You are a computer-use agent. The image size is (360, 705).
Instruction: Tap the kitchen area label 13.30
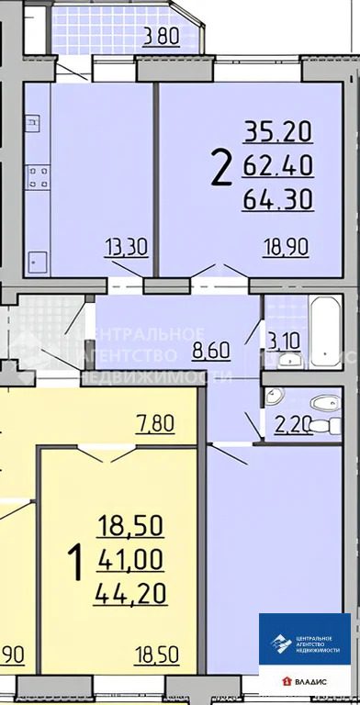[x=127, y=245]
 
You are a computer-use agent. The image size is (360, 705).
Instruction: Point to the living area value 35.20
[x=278, y=133]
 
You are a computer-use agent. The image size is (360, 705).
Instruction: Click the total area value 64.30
[x=278, y=198]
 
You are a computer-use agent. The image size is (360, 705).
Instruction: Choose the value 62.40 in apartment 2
[x=278, y=166]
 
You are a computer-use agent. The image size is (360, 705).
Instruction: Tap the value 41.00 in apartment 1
[x=129, y=559]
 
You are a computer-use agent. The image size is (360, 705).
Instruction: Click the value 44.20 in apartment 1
[x=129, y=593]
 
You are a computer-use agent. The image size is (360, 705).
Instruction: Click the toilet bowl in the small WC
[x=320, y=401]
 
